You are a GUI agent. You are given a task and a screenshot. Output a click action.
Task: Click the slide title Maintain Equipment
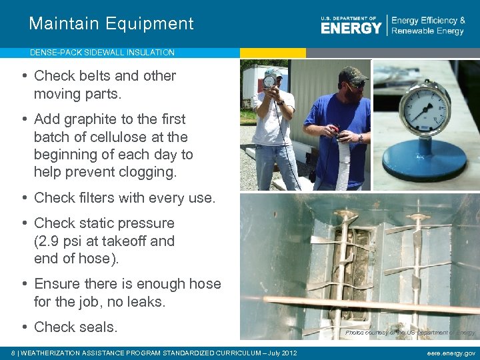click(x=111, y=24)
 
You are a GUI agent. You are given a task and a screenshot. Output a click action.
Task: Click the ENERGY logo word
click(x=351, y=27)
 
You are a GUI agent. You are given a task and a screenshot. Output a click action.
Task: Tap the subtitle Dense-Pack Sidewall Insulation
click(x=102, y=52)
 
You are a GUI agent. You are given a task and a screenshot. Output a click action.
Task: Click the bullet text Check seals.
click(x=75, y=327)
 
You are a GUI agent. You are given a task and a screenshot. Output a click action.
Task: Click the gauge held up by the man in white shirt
click(x=269, y=81)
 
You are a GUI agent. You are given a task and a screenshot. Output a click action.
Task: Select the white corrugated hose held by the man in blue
click(x=344, y=163)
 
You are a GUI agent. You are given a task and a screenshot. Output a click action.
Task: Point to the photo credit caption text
click(x=410, y=332)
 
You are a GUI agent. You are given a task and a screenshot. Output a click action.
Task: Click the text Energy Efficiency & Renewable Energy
click(x=428, y=26)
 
